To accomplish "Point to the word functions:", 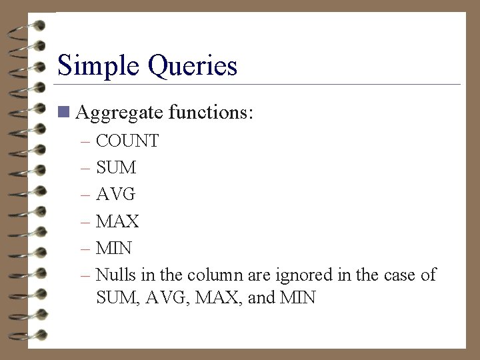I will point(211,113).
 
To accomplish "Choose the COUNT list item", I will point(127,141).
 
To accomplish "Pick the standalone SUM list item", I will point(116,168).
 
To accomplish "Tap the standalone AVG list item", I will point(116,195).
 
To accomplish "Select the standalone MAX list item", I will point(117,221).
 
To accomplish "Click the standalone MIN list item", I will point(114,248).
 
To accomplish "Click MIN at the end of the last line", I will point(299,297).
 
